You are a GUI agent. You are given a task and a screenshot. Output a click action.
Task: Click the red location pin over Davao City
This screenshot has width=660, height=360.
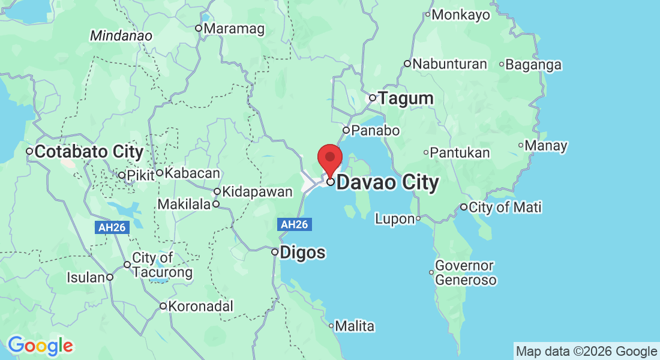coord(329,159)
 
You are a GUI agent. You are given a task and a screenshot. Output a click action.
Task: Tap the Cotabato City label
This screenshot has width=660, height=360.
coord(88,152)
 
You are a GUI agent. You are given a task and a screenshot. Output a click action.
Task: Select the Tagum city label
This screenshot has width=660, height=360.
coord(405,98)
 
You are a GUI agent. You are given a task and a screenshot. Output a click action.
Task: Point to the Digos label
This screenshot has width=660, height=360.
coord(302,252)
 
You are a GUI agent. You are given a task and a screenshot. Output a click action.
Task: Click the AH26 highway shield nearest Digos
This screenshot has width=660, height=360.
coord(295,224)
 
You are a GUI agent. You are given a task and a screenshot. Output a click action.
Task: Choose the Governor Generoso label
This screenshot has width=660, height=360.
coord(465,273)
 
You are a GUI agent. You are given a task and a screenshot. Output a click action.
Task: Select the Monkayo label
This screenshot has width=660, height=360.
coord(460,15)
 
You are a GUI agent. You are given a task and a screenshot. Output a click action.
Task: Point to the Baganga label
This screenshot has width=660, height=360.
coord(533,64)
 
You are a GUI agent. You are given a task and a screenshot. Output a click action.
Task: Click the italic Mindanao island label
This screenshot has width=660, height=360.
coord(121,36)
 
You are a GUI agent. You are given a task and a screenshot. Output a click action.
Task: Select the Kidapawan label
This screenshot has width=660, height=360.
coord(257,192)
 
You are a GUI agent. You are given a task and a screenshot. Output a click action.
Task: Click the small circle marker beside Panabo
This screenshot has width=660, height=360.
coord(346,130)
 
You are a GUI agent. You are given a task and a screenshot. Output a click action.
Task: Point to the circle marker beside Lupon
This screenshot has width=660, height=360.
coord(418,219)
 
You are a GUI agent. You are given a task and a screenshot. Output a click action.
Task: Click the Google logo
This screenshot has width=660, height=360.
coord(40,346)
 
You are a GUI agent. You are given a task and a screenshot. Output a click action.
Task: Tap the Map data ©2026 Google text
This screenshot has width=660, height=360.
coord(586,351)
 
